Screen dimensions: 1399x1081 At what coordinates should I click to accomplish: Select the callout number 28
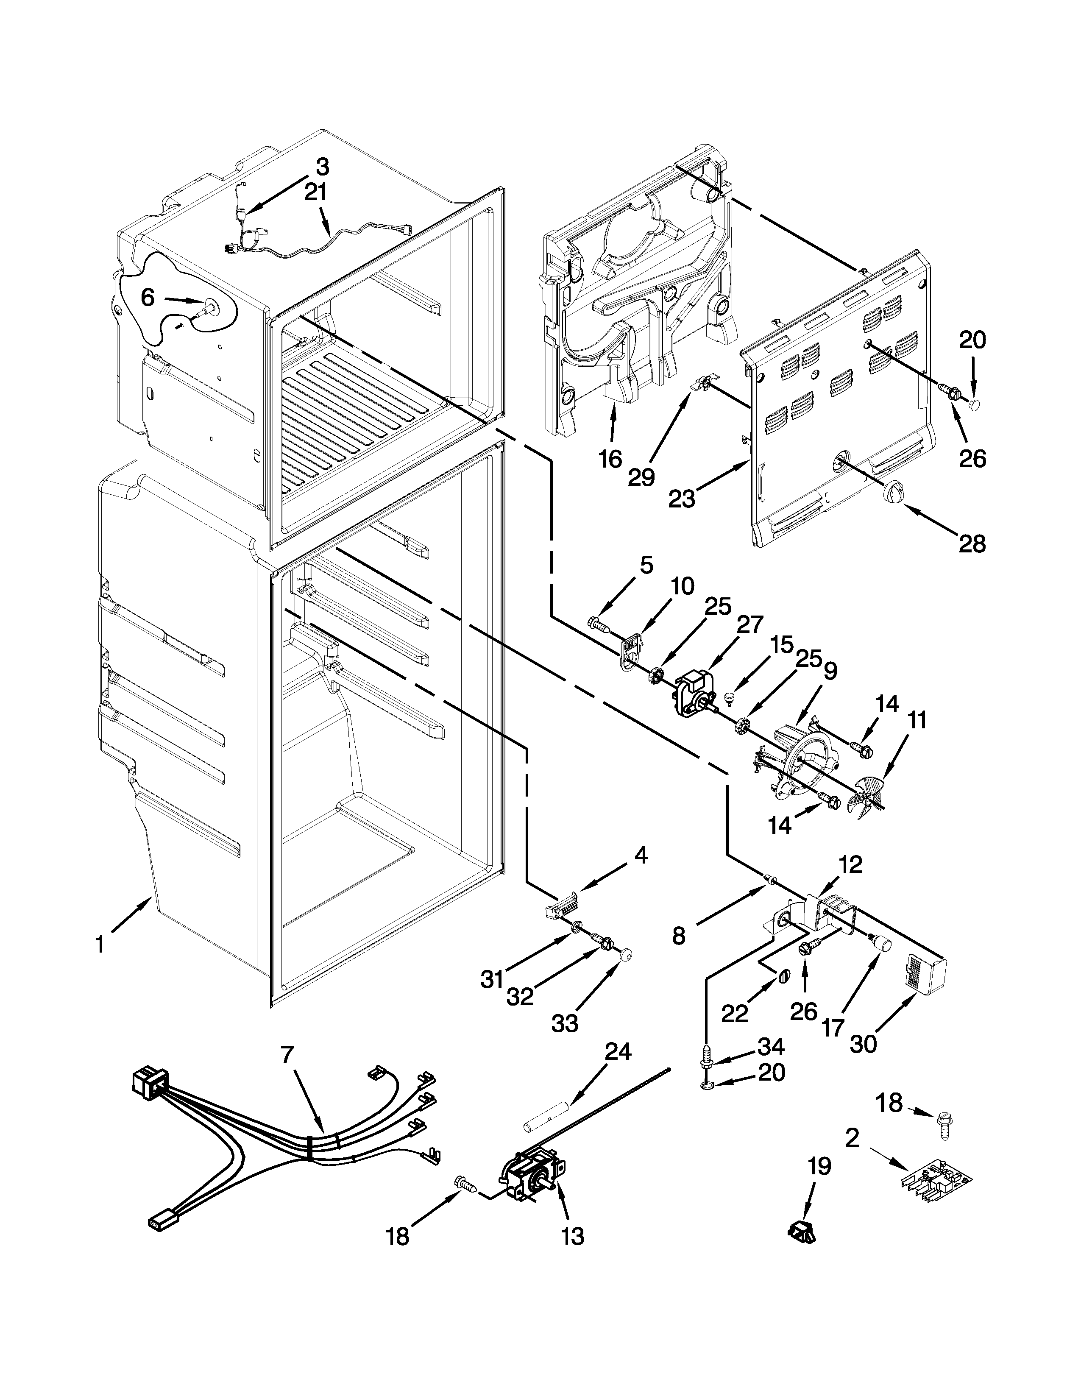[972, 544]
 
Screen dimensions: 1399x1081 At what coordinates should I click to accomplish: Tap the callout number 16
[610, 459]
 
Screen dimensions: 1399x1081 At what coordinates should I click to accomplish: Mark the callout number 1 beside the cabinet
[100, 945]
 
